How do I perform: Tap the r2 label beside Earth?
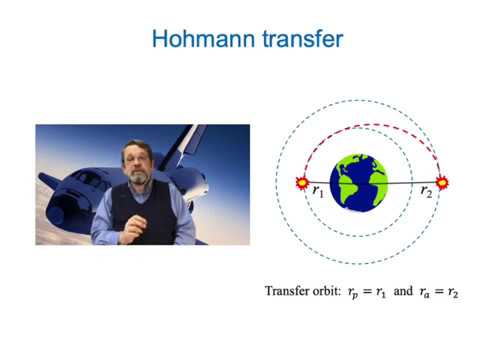click(x=427, y=187)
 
